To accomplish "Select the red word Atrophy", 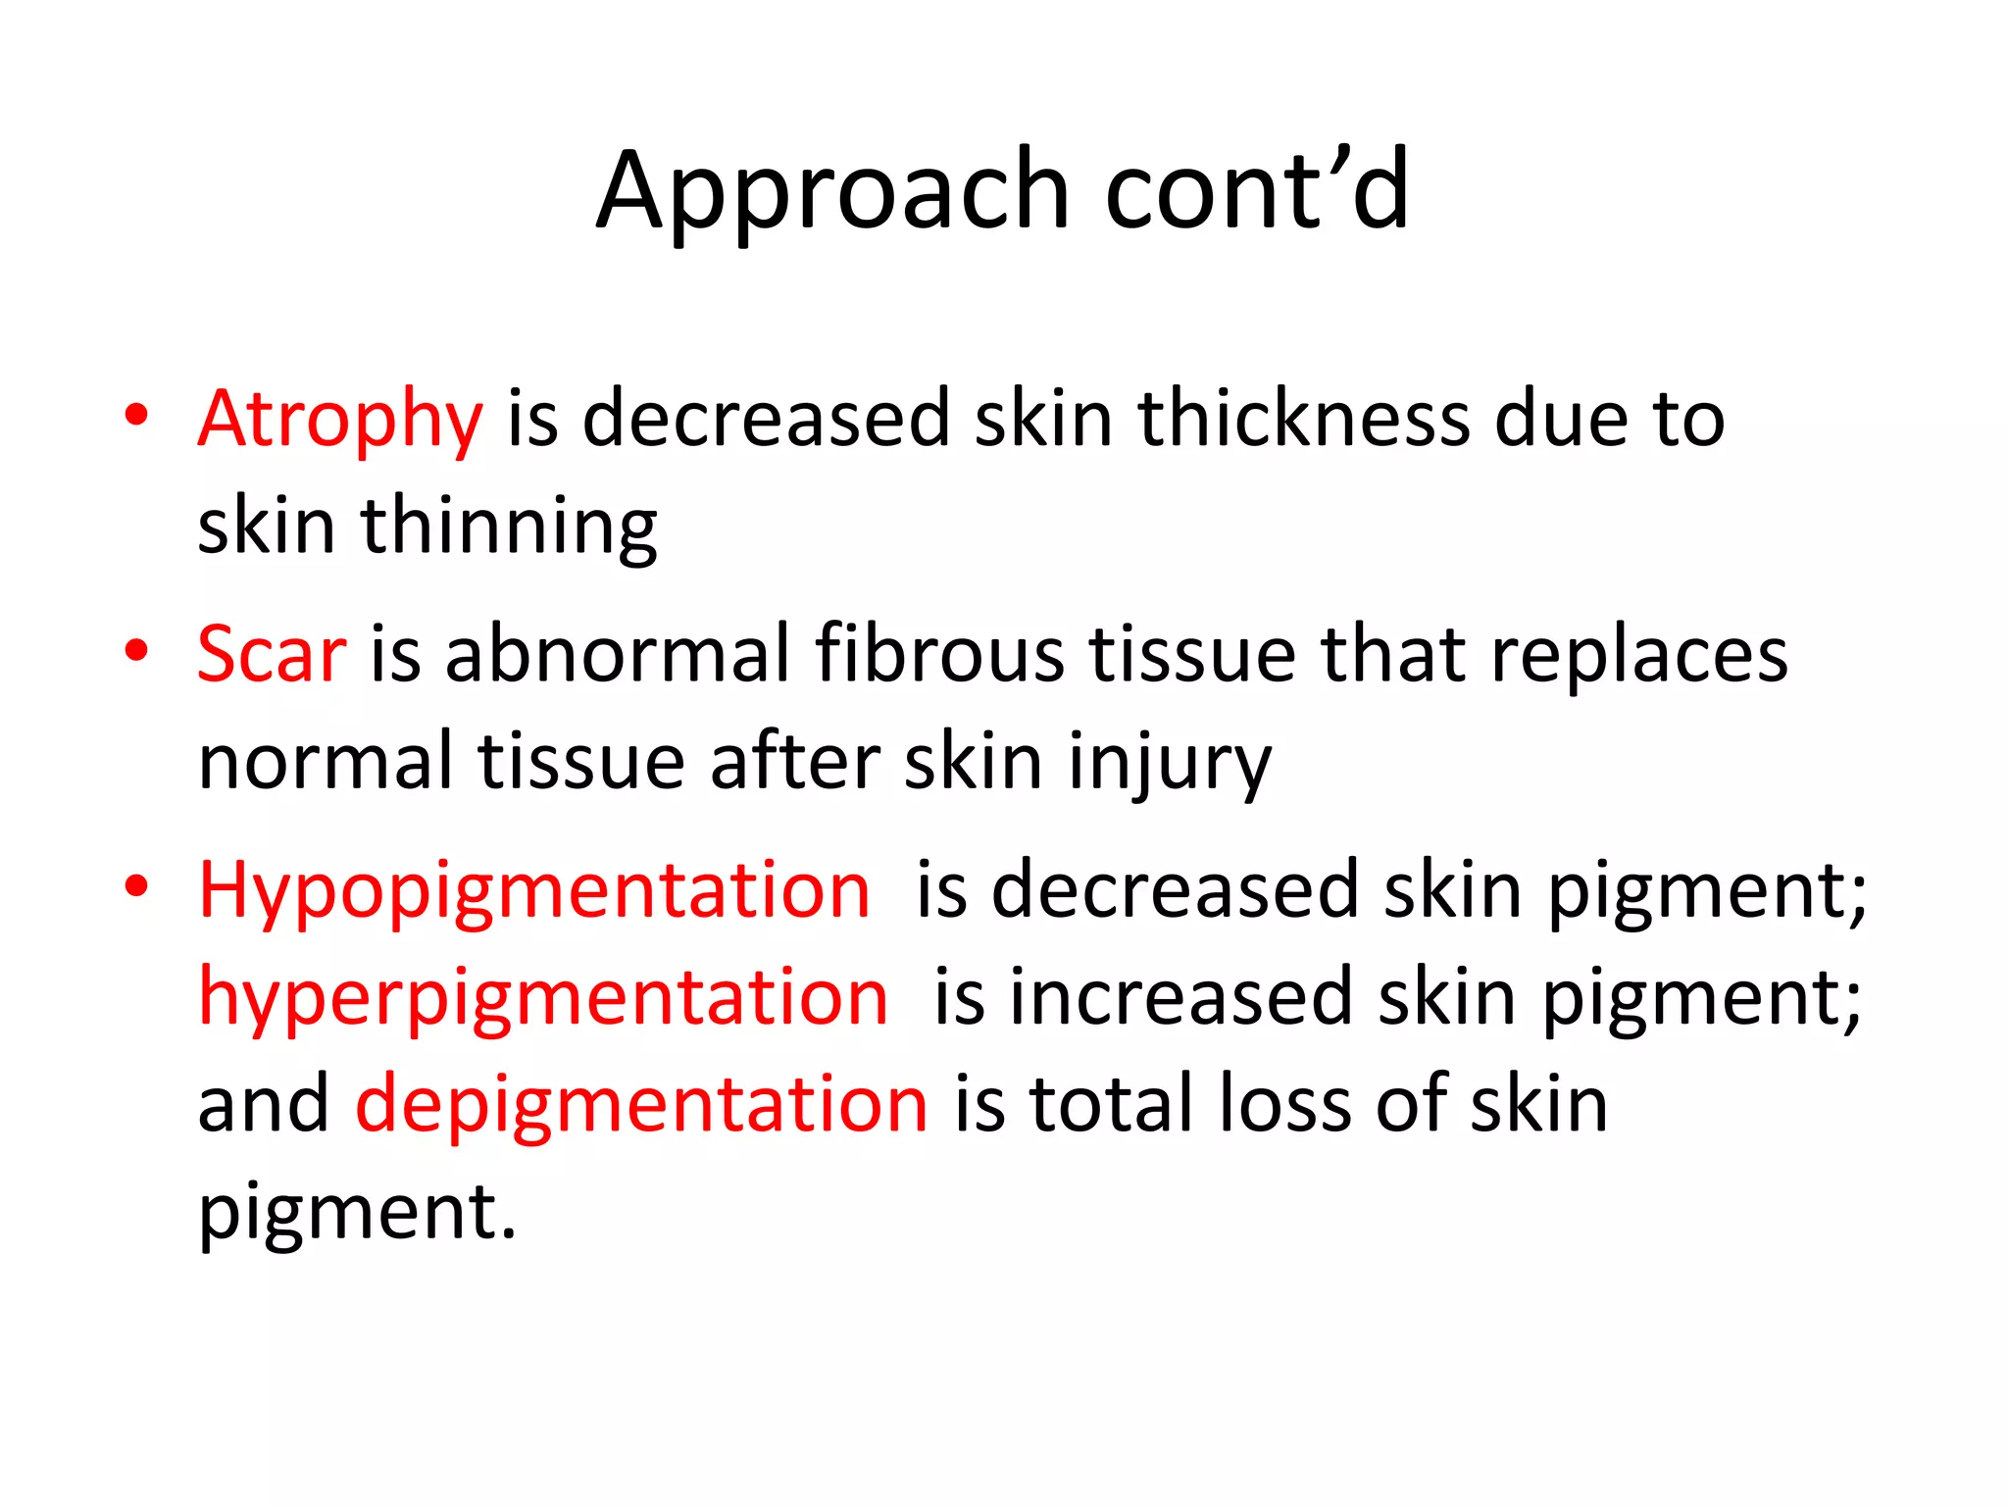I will coord(340,420).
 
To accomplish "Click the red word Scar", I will coord(272,655).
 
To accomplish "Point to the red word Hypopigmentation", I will coord(534,890).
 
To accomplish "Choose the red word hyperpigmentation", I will coord(543,998).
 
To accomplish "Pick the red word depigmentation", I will coord(641,1105).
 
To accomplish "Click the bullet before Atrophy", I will coord(136,416).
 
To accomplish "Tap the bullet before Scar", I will coord(136,651).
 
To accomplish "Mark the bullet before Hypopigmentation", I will coord(136,886).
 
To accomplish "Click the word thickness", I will coord(1303,420).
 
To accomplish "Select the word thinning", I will coord(509,527).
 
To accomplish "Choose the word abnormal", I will coord(618,655).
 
